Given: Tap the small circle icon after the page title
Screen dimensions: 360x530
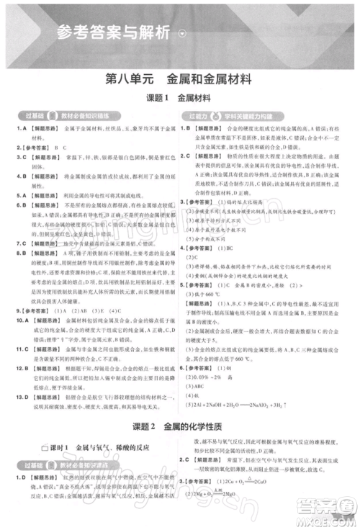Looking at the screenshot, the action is click(181, 33).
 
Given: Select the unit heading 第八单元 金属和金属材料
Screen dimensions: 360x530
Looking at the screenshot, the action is click(179, 80).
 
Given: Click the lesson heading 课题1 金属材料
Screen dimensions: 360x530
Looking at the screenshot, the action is click(180, 98).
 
